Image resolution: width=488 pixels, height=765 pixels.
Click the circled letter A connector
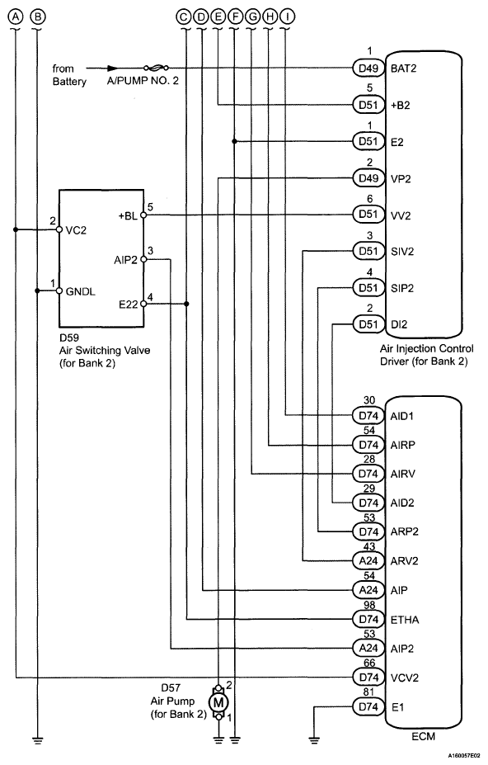(16, 17)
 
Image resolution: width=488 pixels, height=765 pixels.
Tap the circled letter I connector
(288, 17)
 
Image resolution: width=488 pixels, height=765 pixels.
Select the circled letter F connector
(235, 17)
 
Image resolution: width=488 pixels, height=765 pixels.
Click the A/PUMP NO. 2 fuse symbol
(156, 68)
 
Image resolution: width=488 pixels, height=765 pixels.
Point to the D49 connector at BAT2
(368, 68)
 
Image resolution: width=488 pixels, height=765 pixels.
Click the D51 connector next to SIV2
(368, 251)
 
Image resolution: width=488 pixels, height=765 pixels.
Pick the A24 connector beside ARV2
(368, 560)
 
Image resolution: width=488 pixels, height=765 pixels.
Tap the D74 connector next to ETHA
(368, 619)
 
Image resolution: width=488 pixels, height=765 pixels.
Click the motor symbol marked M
(218, 702)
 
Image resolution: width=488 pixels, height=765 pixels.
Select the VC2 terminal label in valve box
(76, 230)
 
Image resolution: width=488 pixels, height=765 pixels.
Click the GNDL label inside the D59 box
(81, 292)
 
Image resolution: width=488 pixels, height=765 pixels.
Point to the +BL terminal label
(128, 215)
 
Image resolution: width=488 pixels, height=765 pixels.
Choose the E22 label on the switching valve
(129, 305)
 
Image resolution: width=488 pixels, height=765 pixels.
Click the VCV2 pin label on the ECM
(405, 678)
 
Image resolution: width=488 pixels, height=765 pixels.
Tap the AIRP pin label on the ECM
(403, 445)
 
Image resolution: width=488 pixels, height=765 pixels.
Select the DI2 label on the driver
(399, 324)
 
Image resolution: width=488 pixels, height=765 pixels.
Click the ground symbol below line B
(37, 739)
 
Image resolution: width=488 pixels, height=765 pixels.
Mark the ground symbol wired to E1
(314, 739)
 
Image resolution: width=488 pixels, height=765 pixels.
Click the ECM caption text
(423, 736)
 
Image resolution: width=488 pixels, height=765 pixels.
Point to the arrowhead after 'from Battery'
(113, 68)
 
